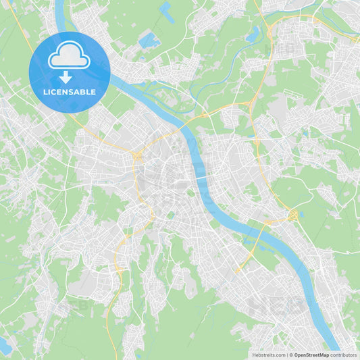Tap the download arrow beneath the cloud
click(69, 78)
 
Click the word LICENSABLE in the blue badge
click(69, 92)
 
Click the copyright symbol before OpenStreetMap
click(291, 355)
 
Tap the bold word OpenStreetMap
click(311, 355)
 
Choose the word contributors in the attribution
click(343, 355)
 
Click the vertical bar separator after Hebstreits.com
click(287, 355)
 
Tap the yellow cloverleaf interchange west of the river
click(137, 157)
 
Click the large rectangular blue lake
click(149, 41)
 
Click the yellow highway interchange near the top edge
click(269, 30)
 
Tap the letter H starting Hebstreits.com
click(254, 355)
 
